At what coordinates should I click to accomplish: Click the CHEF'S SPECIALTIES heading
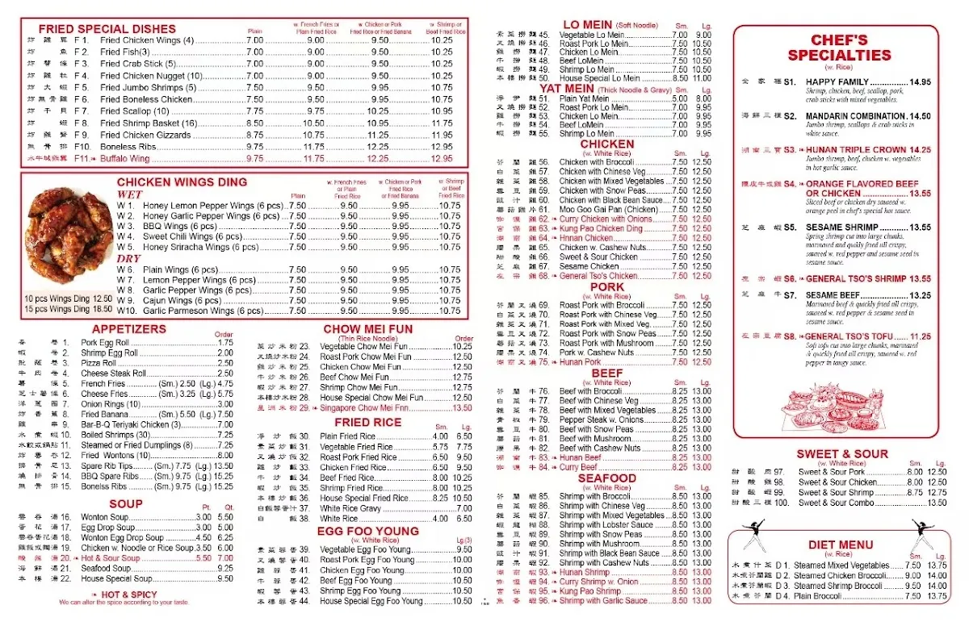coord(839,48)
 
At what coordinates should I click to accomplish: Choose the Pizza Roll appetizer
coord(99,364)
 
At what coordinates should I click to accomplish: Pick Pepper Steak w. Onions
coord(602,419)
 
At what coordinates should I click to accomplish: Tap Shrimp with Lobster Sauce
coord(606,525)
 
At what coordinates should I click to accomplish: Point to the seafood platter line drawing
coord(836,407)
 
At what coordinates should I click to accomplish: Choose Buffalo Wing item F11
coord(125,159)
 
